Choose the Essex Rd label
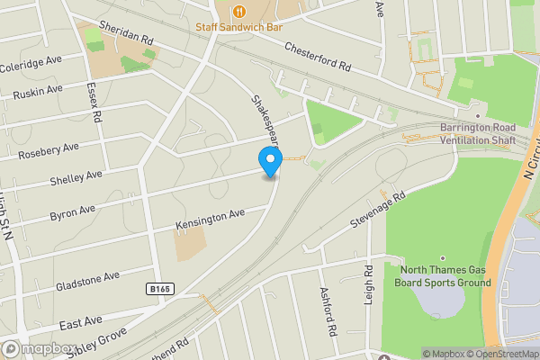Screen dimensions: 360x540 click(93, 104)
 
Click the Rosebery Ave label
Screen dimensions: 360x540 click(47, 150)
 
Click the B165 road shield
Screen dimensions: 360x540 click(158, 289)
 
